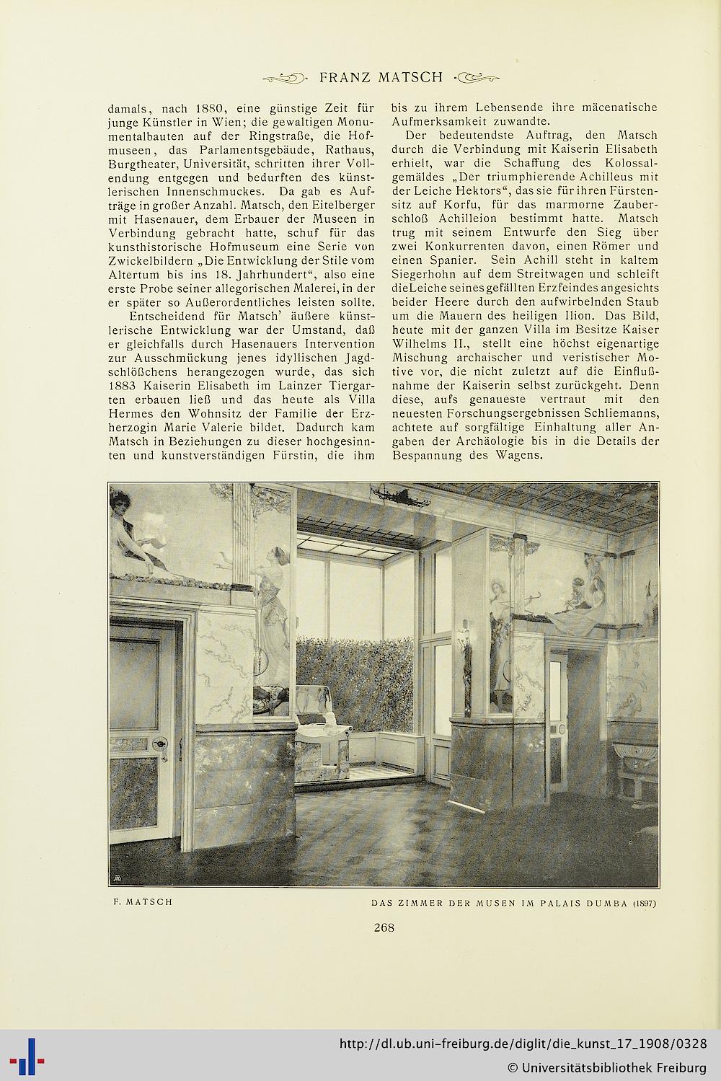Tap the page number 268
point(384,927)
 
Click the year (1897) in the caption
point(645,903)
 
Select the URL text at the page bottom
point(522,1044)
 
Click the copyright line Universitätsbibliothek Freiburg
point(606,1067)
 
